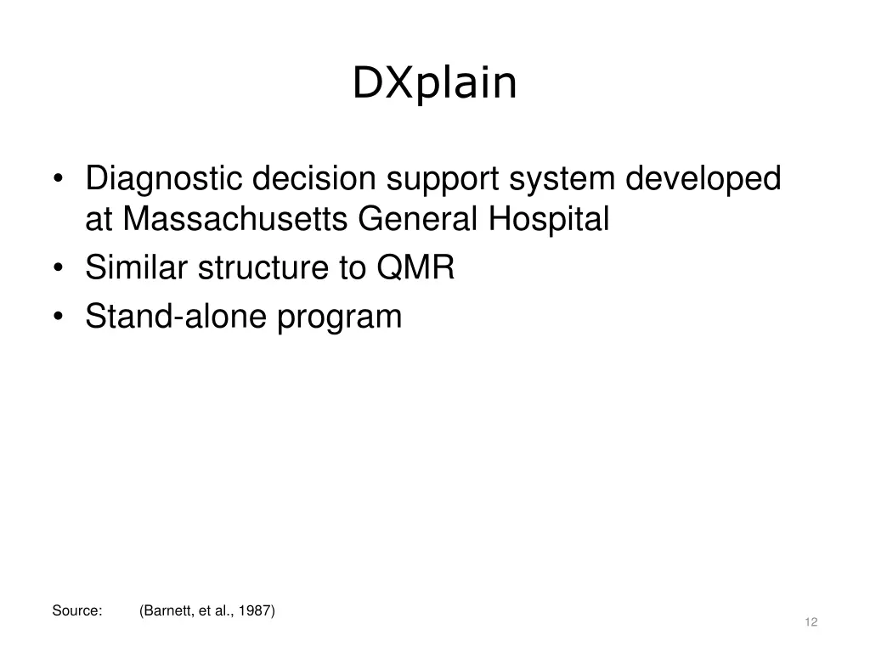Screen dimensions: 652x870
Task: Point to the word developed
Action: click(703, 179)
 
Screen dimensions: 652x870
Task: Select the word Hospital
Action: click(549, 220)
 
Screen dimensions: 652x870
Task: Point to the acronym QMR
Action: click(416, 268)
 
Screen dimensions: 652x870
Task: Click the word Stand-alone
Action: click(176, 317)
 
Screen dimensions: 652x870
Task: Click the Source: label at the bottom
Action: click(77, 610)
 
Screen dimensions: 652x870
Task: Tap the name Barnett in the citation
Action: click(170, 610)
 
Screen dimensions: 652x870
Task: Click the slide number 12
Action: click(811, 622)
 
